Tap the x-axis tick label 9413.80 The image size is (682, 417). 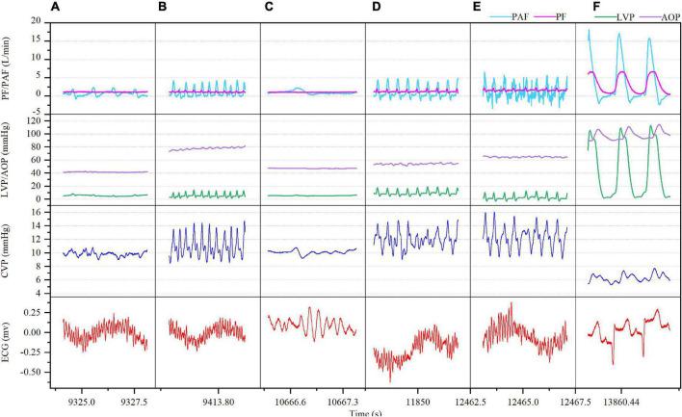[x=208, y=396]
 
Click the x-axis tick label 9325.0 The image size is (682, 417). [x=76, y=396]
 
